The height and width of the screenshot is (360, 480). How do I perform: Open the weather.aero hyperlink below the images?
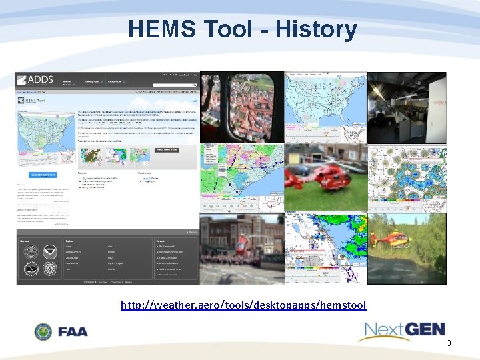click(x=243, y=305)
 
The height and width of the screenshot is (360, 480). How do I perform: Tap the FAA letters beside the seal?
click(x=73, y=331)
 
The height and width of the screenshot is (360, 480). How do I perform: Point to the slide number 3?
click(x=449, y=343)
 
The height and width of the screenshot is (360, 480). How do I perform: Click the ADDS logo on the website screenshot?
click(x=35, y=80)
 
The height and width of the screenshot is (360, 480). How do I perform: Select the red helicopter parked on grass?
click(x=325, y=178)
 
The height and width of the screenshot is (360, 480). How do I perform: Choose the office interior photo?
click(x=407, y=107)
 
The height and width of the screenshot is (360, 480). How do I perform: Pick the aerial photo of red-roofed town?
click(x=241, y=107)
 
